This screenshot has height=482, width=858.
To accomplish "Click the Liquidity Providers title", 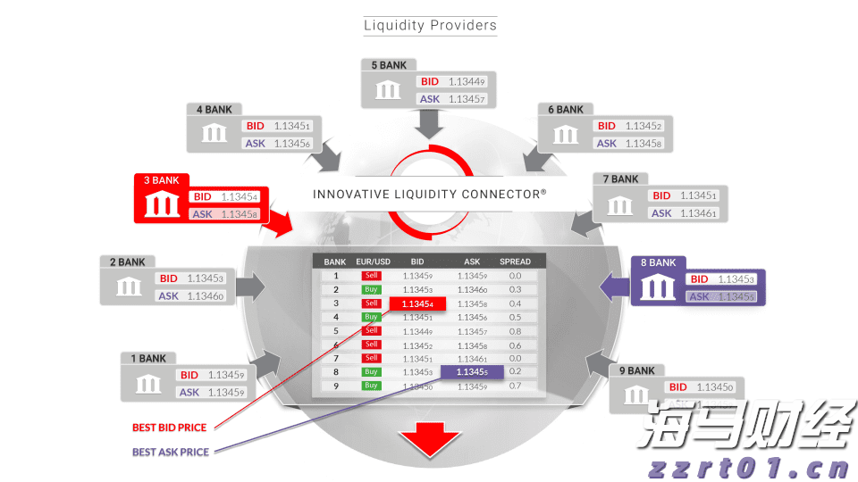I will (430, 25).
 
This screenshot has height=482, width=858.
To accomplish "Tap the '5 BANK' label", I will (389, 65).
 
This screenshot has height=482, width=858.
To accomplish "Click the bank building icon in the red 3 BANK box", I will (161, 205).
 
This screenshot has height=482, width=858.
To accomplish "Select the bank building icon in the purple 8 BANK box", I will (659, 287).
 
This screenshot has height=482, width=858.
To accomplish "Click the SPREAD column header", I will (515, 262).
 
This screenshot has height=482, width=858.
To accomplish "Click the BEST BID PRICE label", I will (170, 428).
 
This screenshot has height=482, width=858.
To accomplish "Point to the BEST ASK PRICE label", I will (171, 453).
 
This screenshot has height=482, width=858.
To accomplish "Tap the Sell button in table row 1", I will (371, 276).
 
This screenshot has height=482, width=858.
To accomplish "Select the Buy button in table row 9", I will (371, 386).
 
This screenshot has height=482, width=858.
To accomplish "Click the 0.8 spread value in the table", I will (515, 331).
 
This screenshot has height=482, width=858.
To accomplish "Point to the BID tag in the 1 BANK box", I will (189, 376).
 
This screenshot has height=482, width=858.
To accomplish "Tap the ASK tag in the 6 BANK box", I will (606, 143).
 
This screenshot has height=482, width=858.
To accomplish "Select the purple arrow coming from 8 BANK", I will (613, 287).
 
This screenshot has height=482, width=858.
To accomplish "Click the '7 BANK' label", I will (620, 179).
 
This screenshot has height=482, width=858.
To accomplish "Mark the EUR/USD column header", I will (371, 262).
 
